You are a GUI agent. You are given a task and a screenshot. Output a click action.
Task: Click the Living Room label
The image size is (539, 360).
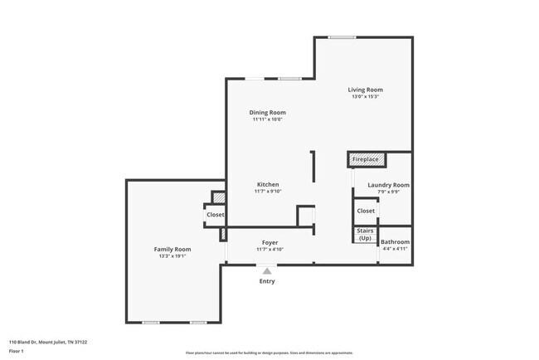[x=365, y=90]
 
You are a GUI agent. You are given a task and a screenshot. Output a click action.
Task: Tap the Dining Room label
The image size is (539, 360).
[x=268, y=112]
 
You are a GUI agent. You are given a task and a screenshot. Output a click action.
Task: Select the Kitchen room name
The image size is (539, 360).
[x=267, y=184]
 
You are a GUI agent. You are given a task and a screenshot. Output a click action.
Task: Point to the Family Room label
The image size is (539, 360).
[x=172, y=249]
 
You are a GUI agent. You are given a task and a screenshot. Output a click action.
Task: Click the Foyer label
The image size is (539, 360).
[x=269, y=242]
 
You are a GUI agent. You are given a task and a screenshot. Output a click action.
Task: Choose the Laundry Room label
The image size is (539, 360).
[x=388, y=185]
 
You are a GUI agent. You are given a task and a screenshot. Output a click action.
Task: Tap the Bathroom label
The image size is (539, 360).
[x=395, y=241]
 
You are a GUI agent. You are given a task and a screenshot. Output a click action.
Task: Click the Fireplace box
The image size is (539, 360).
[x=365, y=159]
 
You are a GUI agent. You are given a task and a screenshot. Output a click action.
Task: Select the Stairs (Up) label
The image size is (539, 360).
[x=365, y=235]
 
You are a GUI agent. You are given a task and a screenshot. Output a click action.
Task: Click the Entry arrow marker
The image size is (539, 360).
[x=266, y=270]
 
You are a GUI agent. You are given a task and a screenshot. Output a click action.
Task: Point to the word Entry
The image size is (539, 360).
[x=267, y=281]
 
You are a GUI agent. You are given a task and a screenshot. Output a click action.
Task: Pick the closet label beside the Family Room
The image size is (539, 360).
[x=215, y=215]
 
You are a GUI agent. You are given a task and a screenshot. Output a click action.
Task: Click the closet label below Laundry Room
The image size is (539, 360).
[x=366, y=211]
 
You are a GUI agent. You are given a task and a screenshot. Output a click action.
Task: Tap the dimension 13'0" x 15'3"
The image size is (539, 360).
[x=365, y=97]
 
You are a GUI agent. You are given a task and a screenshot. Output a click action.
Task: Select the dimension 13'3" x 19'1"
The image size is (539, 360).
[x=172, y=256]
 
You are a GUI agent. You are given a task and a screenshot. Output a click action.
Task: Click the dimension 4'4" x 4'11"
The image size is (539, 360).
[x=395, y=248]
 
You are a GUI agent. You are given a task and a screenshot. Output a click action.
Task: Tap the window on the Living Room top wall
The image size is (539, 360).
[x=342, y=37]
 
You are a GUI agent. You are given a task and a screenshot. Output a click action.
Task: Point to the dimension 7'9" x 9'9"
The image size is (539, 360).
[x=388, y=192]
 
